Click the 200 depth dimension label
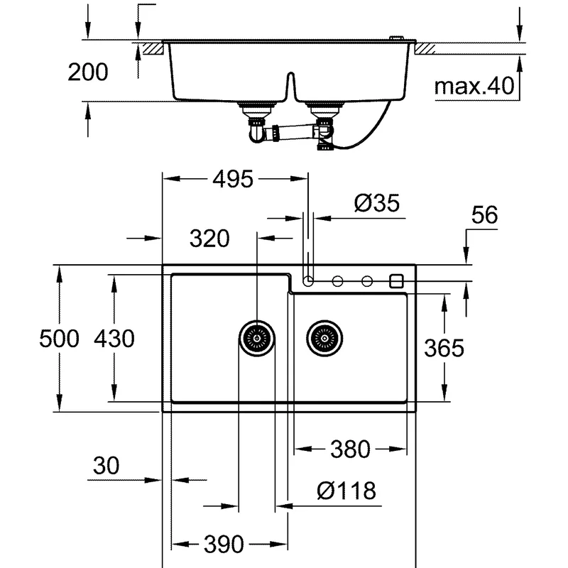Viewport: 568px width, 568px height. pos(88,72)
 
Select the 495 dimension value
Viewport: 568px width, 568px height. pos(232,180)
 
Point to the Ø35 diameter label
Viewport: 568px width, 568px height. pos(377,204)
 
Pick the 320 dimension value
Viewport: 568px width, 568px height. pos(209,239)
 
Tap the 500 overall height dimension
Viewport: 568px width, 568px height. pos(59,339)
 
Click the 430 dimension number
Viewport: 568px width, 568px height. pos(114,339)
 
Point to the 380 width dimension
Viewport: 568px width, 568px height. pos(351,449)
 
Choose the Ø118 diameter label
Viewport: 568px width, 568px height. pos(346,490)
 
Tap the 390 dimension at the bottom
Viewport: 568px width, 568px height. pos(224,545)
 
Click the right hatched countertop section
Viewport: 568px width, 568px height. pos(425,48)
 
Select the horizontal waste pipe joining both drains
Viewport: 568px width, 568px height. pos(291,133)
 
